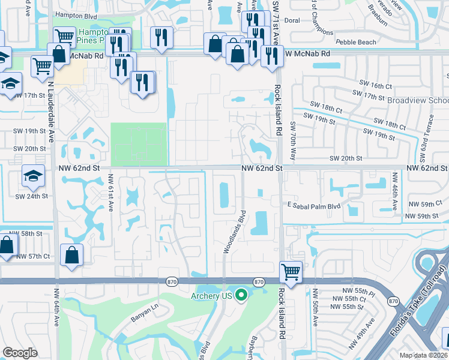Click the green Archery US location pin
point(241,295)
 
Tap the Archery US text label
point(212,295)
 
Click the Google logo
point(20,352)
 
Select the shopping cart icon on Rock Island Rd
point(291,271)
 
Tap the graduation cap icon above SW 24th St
point(32,175)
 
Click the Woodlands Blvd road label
point(235,232)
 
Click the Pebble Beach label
point(356,42)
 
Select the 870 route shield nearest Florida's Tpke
point(393,301)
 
